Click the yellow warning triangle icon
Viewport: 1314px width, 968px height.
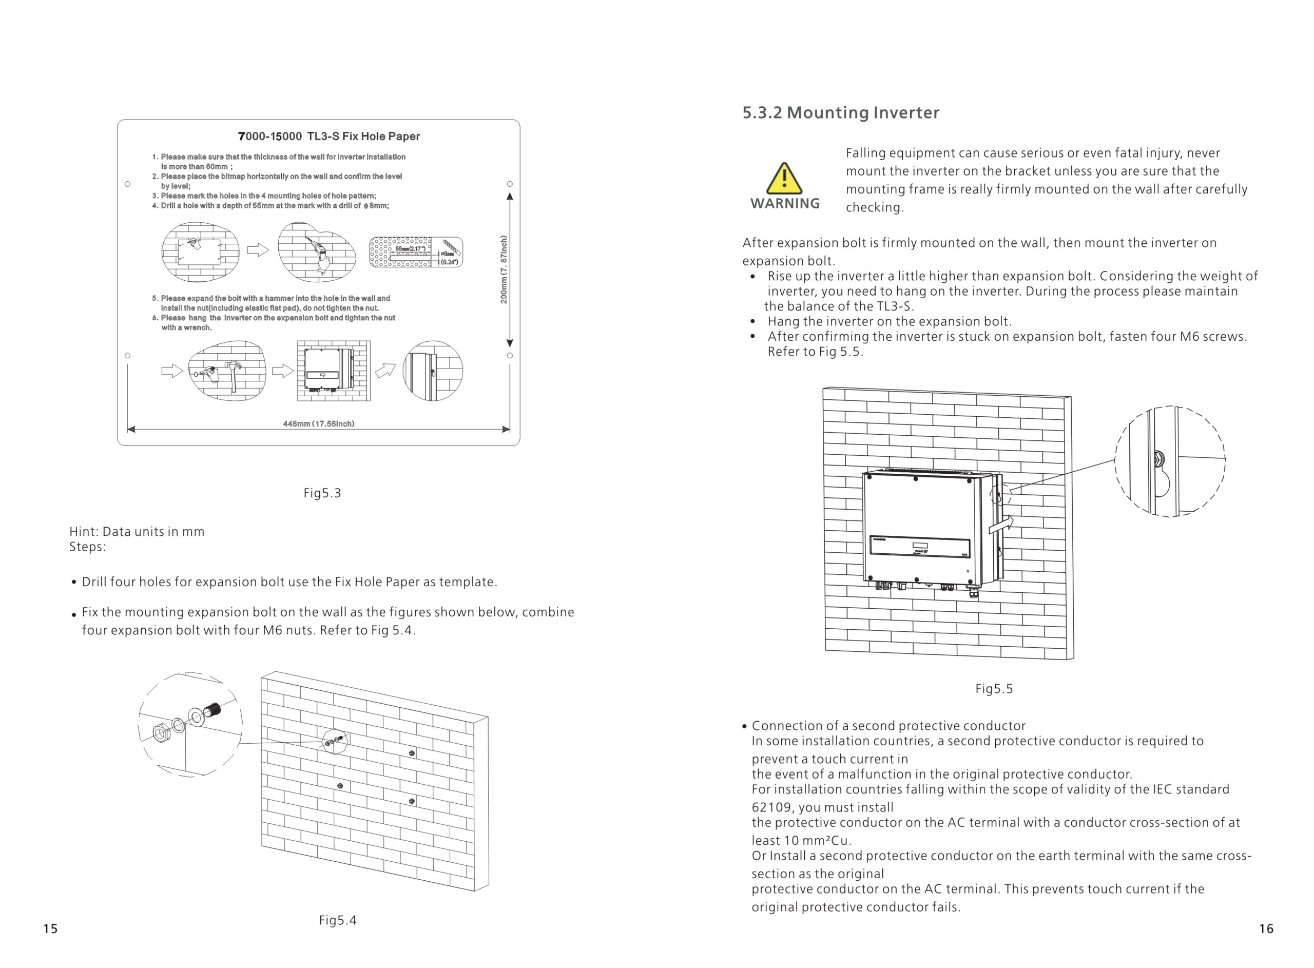pos(783,178)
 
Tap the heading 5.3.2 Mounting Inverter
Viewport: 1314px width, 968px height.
pos(840,112)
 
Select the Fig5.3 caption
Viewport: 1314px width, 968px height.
pos(322,493)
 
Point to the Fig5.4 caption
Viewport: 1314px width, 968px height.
pos(337,920)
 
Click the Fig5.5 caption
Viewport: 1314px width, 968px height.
pos(994,688)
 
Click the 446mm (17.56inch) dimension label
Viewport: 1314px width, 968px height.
pos(318,423)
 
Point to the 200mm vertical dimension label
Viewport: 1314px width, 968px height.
pos(504,269)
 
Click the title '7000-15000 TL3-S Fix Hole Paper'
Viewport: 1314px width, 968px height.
pos(328,137)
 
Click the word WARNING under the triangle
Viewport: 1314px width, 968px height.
pos(784,203)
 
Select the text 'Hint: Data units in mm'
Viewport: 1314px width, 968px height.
pos(137,531)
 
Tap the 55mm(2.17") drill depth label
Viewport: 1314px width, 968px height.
pos(410,249)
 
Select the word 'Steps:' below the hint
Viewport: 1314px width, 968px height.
pos(87,547)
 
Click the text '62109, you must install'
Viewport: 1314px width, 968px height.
pos(822,807)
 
